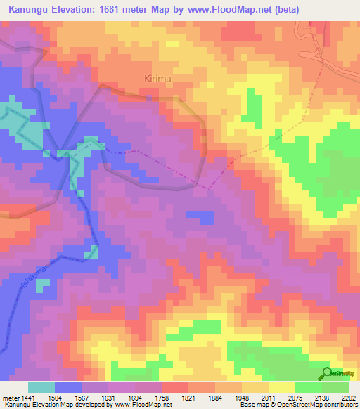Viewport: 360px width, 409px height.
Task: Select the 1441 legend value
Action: point(27,397)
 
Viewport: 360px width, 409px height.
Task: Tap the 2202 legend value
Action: point(348,397)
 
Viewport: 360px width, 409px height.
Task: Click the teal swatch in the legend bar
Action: point(41,387)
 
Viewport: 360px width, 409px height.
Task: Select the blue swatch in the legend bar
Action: point(68,387)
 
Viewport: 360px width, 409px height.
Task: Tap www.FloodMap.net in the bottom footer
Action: point(144,405)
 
